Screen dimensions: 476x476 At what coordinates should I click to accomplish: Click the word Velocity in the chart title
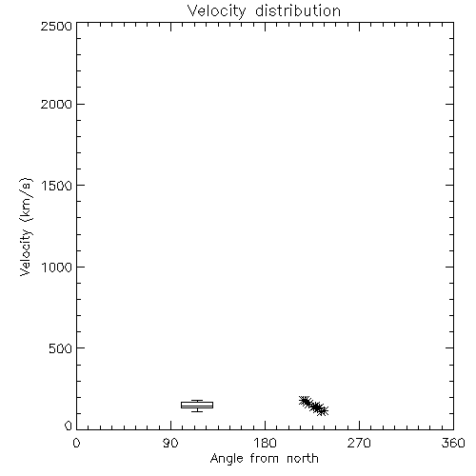216,11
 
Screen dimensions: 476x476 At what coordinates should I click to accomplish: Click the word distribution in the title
298,10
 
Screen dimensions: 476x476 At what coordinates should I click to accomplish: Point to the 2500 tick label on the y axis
56,26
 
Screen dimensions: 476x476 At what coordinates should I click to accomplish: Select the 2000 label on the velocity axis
56,104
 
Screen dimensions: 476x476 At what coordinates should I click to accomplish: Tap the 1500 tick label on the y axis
57,186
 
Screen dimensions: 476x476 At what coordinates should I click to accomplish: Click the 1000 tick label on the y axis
57,267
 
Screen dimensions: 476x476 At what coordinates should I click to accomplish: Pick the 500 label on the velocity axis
61,348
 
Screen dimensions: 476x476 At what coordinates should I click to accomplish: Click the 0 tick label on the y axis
69,426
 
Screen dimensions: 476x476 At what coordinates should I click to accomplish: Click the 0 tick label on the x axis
76,443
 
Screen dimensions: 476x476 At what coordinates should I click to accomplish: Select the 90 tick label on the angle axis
170,443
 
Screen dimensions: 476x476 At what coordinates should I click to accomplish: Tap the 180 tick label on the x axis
265,443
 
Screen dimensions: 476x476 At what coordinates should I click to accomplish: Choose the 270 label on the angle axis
359,443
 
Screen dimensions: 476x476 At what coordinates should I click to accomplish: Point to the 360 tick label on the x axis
453,443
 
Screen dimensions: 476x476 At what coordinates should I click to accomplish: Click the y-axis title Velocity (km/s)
26,227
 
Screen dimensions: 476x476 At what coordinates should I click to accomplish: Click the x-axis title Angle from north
265,459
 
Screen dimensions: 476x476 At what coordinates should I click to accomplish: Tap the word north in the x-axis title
303,458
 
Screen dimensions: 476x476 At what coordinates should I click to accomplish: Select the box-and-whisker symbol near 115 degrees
197,405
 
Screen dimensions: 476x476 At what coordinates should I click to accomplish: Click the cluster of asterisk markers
313,406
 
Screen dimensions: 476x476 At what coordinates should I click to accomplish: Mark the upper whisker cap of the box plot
197,400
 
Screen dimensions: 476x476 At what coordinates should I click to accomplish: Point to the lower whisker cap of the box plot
197,411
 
